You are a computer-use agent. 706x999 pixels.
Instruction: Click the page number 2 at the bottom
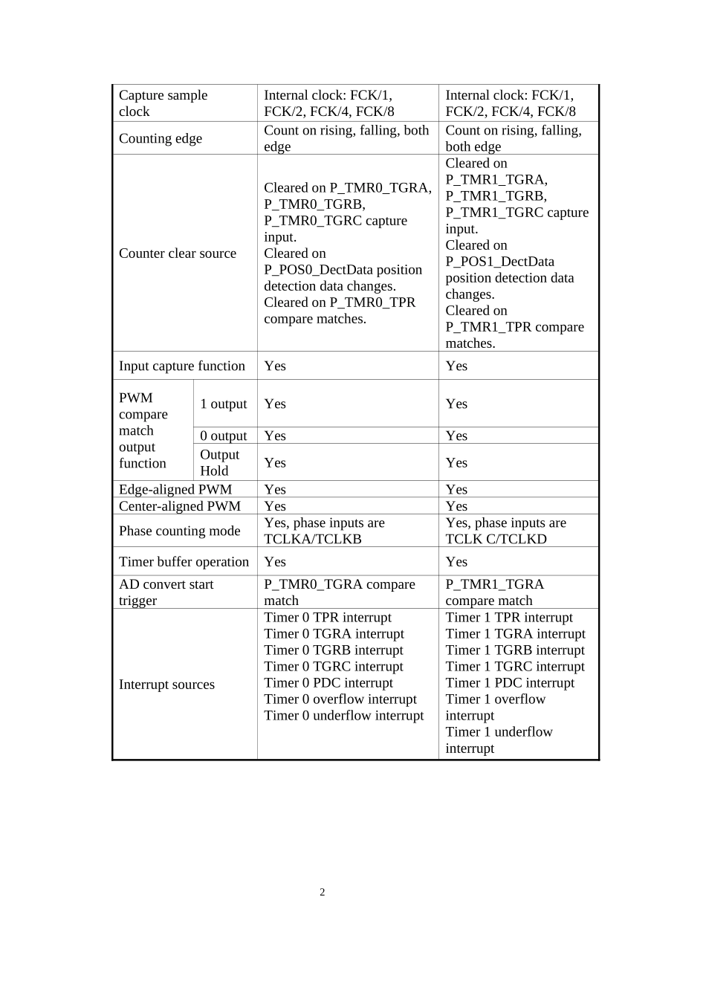323,892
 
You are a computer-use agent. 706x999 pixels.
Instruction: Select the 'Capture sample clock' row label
163,103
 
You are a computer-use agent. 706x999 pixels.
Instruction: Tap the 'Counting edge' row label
161,138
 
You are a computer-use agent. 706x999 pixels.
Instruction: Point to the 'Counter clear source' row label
178,253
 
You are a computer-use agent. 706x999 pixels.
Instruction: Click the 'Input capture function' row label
182,366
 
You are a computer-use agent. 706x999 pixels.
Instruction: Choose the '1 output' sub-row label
223,404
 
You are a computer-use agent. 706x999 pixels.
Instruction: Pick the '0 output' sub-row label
223,436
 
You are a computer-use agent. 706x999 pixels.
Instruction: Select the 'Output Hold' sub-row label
219,462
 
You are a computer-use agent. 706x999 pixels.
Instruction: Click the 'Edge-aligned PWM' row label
175,489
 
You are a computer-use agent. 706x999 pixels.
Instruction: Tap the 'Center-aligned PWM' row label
180,506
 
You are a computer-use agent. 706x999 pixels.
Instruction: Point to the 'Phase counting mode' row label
180,531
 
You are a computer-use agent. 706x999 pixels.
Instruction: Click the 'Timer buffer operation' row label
184,562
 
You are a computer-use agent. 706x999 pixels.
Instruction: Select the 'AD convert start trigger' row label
166,592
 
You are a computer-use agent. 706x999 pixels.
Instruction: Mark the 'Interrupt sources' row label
166,685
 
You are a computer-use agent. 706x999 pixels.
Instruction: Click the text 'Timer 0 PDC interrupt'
328,682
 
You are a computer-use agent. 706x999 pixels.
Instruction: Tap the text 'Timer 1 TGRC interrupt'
515,666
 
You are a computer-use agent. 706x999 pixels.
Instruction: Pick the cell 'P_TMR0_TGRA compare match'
340,592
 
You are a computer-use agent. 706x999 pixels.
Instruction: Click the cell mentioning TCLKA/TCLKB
324,531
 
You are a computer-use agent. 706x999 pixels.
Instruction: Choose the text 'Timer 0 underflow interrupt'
344,715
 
